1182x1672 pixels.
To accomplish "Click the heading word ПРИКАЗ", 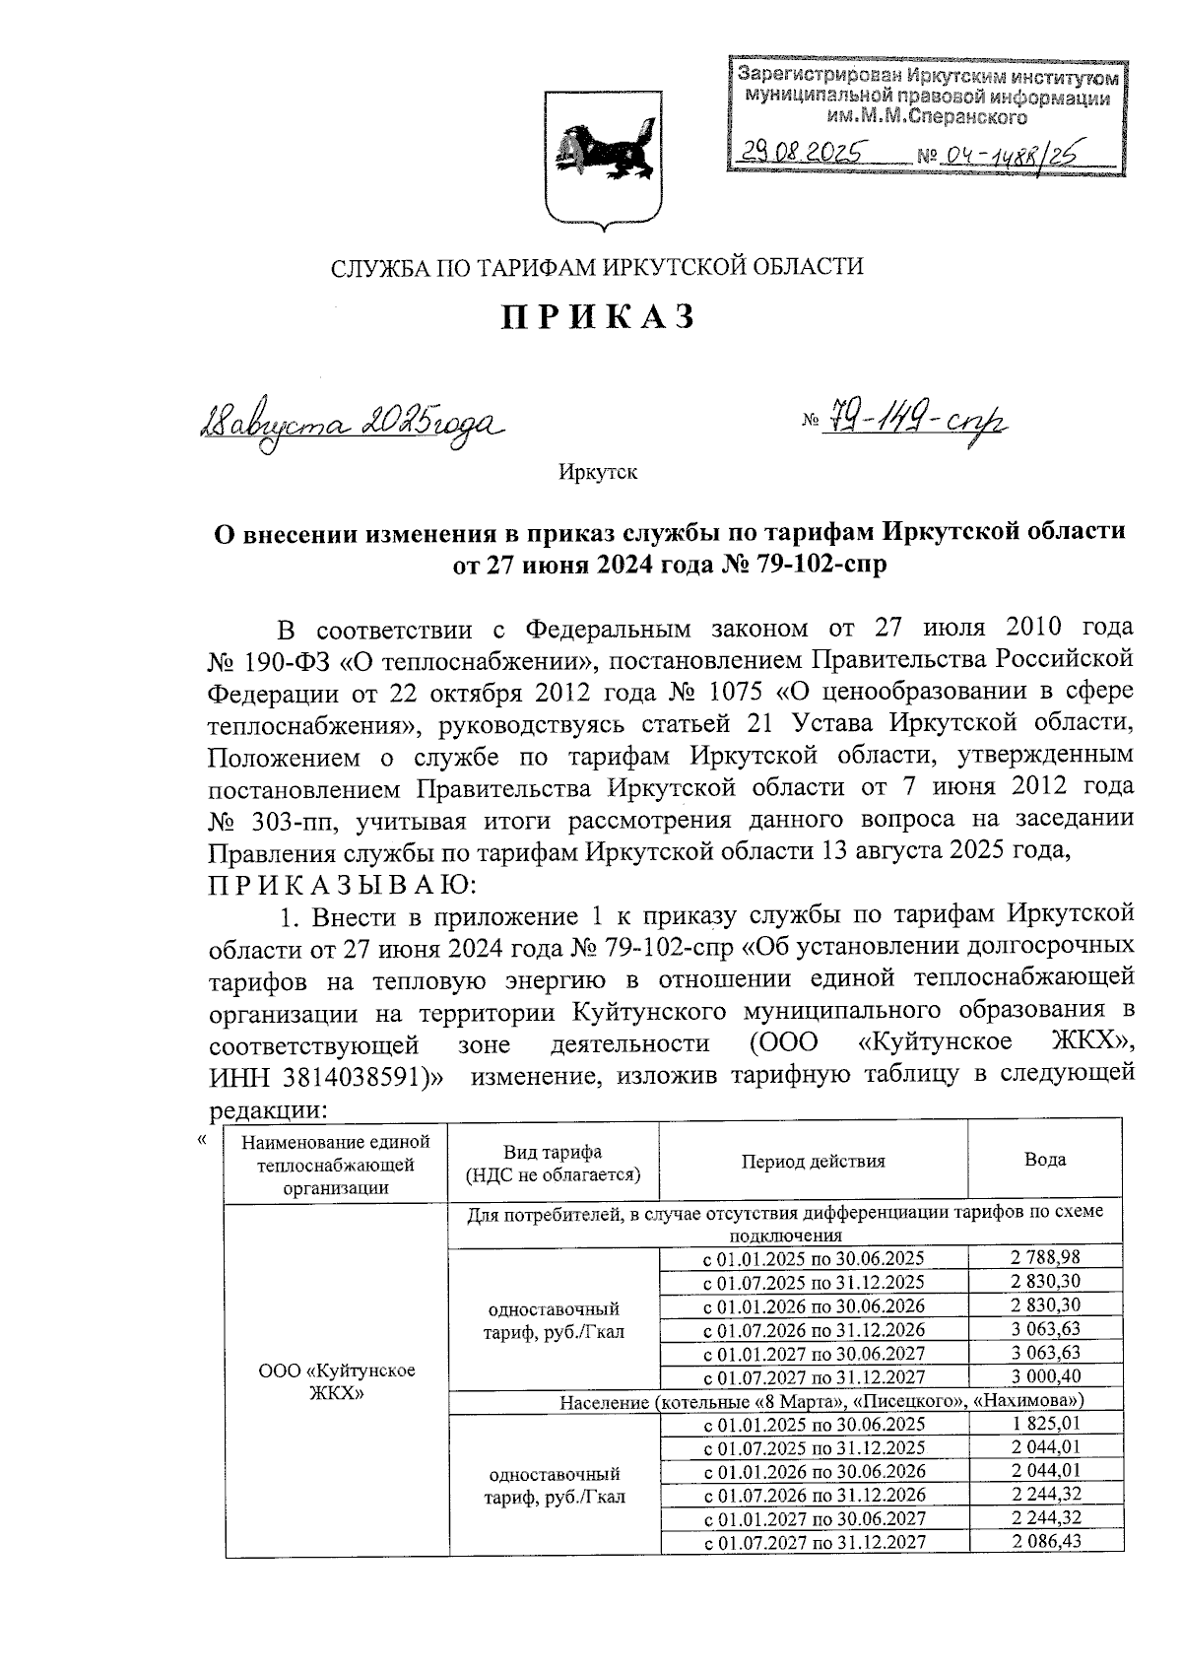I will click(x=599, y=316).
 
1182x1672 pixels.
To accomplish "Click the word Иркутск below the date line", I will click(x=598, y=473).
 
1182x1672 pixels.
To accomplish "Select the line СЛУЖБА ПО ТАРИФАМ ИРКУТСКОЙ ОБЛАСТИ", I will click(x=597, y=266).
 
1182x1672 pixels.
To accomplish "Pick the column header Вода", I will click(x=1045, y=1160).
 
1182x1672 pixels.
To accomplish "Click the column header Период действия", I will click(x=814, y=1161).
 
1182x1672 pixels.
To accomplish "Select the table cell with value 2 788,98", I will click(x=1045, y=1257).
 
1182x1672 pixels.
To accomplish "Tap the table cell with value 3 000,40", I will click(x=1045, y=1376).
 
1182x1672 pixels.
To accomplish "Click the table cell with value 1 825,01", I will click(x=1045, y=1423).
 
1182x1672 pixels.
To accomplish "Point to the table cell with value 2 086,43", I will click(x=1045, y=1541).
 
